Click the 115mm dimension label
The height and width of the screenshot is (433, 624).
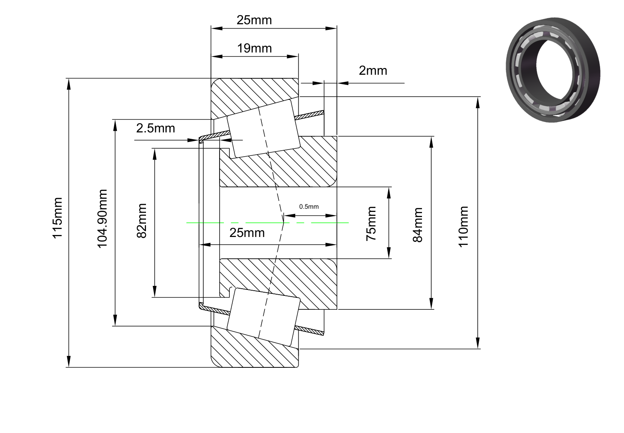(x=57, y=218)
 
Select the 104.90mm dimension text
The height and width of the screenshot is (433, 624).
(x=102, y=219)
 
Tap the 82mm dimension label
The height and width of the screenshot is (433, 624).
(x=142, y=221)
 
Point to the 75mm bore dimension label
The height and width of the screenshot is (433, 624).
(x=371, y=223)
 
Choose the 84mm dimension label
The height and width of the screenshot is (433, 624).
(x=418, y=225)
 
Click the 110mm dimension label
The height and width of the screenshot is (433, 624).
(x=463, y=227)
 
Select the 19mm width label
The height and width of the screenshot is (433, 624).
(x=255, y=49)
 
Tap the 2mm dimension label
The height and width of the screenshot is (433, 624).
(x=373, y=71)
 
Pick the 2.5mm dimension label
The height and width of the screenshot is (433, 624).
(x=156, y=128)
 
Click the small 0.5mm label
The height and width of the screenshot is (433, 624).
(x=309, y=207)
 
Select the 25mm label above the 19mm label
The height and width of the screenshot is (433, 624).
(x=254, y=20)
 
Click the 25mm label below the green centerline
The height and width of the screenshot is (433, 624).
(x=247, y=233)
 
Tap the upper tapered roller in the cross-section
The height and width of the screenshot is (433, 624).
(x=263, y=129)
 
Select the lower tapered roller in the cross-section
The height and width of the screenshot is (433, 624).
(x=263, y=317)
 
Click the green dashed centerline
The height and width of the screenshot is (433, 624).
(x=267, y=223)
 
